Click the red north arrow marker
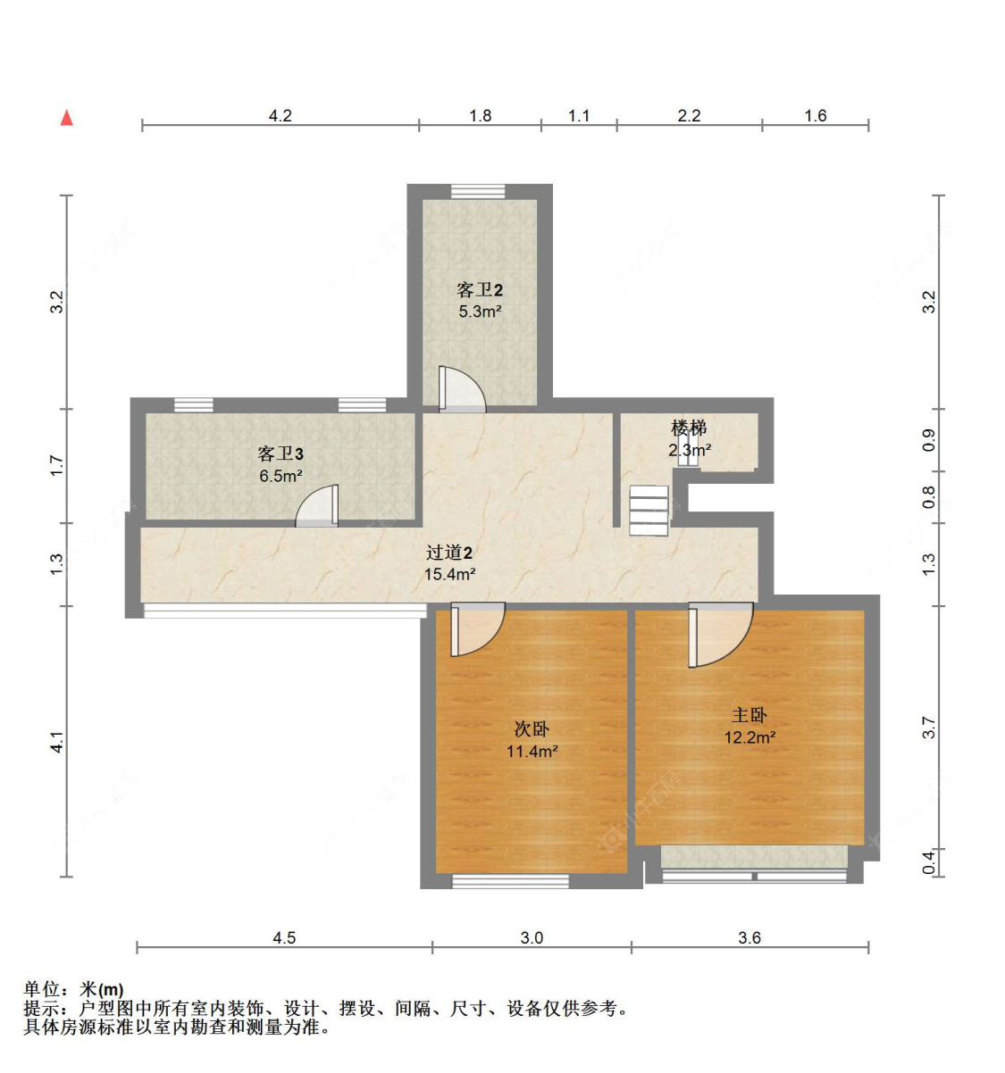pos(66,118)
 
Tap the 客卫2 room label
pos(480,290)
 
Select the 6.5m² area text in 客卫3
pos(281,476)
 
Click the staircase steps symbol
pos(649,511)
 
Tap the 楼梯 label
pos(689,428)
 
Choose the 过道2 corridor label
pos(448,553)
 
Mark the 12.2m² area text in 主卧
pos(750,737)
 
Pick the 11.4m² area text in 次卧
pos(532,752)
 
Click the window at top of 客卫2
pos(478,191)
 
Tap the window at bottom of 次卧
pos(510,881)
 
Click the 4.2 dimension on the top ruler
pos(281,116)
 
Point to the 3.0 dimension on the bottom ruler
pos(532,938)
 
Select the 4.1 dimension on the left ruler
pos(56,742)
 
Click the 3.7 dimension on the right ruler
pos(929,728)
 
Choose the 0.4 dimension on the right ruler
pos(929,862)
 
